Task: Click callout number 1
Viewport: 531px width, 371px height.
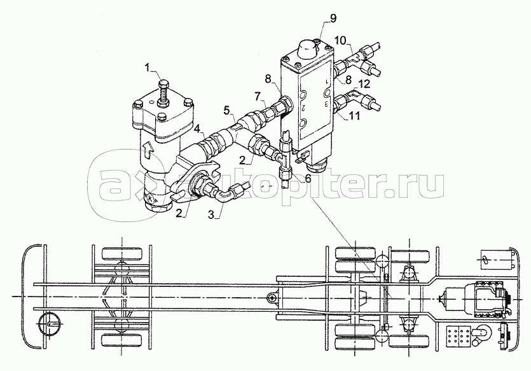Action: coord(148,67)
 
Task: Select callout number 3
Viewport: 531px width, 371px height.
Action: coord(212,214)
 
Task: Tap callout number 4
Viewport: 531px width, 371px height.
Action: coord(197,129)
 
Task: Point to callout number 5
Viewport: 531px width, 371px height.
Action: coord(227,110)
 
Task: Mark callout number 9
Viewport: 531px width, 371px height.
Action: coord(333,18)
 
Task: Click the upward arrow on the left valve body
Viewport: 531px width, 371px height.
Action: coord(147,150)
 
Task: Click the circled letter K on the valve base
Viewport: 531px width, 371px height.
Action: coord(150,197)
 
